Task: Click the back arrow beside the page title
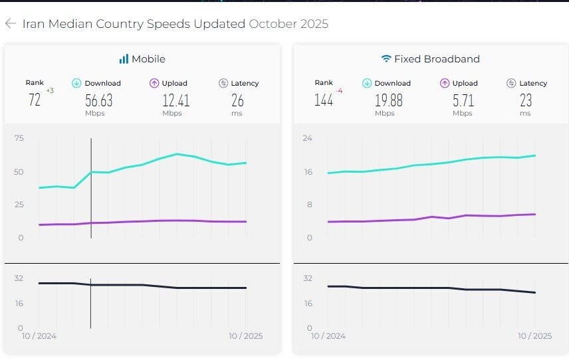point(10,24)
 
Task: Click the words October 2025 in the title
point(288,24)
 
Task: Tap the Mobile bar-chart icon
point(124,59)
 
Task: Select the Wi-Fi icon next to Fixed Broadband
point(386,59)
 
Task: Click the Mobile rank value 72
point(35,100)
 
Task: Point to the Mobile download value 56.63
point(99,100)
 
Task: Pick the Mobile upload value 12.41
point(176,100)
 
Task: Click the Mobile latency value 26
point(237,100)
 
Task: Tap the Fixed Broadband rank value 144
point(324,100)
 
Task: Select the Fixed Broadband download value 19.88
point(388,100)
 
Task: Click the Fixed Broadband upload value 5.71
point(463,100)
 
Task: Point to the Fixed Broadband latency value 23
point(525,100)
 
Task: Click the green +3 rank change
point(50,90)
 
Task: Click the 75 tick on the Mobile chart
point(19,138)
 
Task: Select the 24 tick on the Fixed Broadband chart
point(308,138)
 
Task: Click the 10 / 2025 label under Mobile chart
point(245,336)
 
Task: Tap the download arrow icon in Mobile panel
point(76,83)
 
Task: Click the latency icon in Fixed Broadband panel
point(511,83)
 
